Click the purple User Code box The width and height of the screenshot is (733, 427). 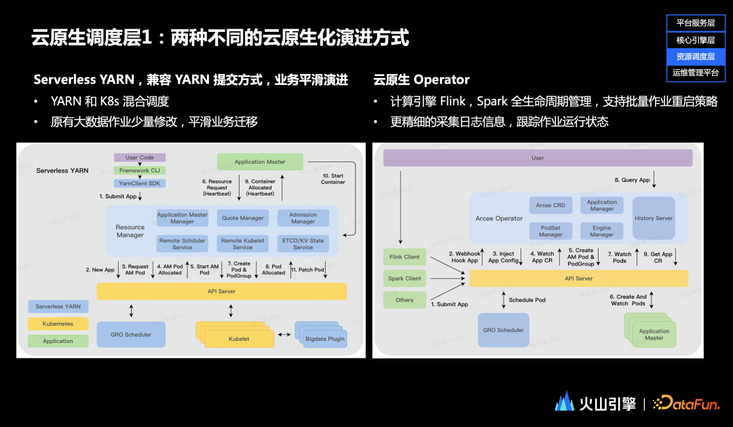pyautogui.click(x=140, y=157)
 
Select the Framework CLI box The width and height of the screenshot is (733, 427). pyautogui.click(x=140, y=170)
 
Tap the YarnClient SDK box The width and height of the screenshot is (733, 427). pyautogui.click(x=140, y=183)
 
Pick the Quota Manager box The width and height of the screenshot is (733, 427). pyautogui.click(x=243, y=218)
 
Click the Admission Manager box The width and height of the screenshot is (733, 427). pyautogui.click(x=303, y=218)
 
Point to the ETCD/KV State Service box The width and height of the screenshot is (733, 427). pyautogui.click(x=303, y=244)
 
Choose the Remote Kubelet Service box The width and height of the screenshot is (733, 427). pyautogui.click(x=243, y=244)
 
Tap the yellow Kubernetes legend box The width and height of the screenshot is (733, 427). pyautogui.click(x=58, y=324)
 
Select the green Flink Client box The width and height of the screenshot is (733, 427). pyautogui.click(x=405, y=257)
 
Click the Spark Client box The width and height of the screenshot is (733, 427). pyautogui.click(x=405, y=278)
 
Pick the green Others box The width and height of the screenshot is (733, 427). pyautogui.click(x=405, y=299)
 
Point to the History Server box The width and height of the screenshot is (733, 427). pyautogui.click(x=654, y=218)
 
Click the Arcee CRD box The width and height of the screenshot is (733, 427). pyautogui.click(x=550, y=205)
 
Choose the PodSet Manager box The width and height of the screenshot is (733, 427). pyautogui.click(x=550, y=231)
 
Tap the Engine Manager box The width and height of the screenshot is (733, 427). pyautogui.click(x=602, y=231)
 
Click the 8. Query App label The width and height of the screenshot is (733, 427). pyautogui.click(x=633, y=180)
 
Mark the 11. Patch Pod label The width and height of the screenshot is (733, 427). pyautogui.click(x=308, y=270)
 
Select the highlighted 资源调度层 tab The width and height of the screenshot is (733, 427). pyautogui.click(x=696, y=56)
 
